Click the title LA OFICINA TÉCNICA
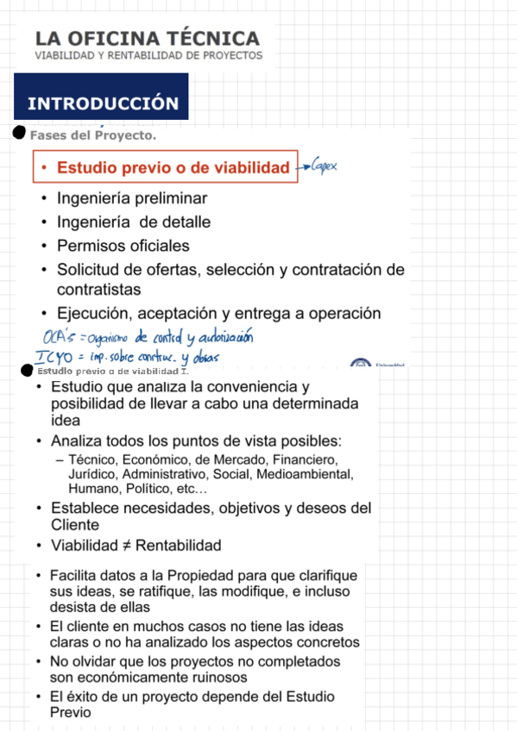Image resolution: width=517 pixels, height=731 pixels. pyautogui.click(x=147, y=39)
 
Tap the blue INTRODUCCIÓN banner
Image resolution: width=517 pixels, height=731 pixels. pyautogui.click(x=102, y=103)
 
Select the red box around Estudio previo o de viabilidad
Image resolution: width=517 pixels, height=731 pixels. pyautogui.click(x=166, y=167)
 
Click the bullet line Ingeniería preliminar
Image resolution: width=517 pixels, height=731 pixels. pyautogui.click(x=132, y=197)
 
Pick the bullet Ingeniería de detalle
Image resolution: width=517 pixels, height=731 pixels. pyautogui.click(x=134, y=222)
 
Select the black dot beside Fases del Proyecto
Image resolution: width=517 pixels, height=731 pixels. pyautogui.click(x=19, y=133)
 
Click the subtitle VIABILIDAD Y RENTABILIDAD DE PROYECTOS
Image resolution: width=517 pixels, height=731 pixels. pyautogui.click(x=148, y=55)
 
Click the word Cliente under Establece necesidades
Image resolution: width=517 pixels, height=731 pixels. pyautogui.click(x=75, y=525)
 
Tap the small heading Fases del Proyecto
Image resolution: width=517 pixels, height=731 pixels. pyautogui.click(x=92, y=135)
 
